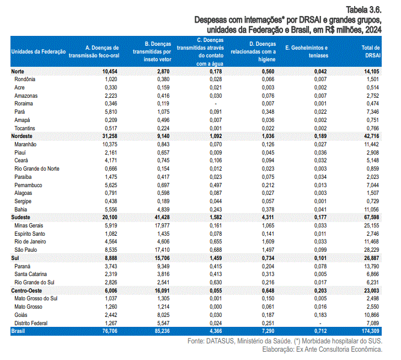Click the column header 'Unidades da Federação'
pos(39,51)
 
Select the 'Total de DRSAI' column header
pos(371,51)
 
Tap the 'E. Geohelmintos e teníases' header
pos(307,51)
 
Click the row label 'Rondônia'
pos(25,79)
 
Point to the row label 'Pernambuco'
pos(28,185)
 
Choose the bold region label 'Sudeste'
pos(21,217)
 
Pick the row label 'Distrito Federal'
pos(31,323)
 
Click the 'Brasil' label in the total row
pos(18,331)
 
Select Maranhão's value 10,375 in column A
pos(110,145)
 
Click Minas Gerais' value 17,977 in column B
pos(162,226)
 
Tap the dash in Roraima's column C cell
pos(216,104)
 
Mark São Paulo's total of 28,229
pos(371,250)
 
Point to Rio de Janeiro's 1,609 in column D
pos(268,241)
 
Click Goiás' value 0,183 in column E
pos(320,315)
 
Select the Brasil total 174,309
pos(370,331)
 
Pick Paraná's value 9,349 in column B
pos(163,266)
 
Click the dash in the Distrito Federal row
pos(320,324)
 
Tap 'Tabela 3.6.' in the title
pos(363,10)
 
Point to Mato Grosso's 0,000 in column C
pos(216,307)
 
